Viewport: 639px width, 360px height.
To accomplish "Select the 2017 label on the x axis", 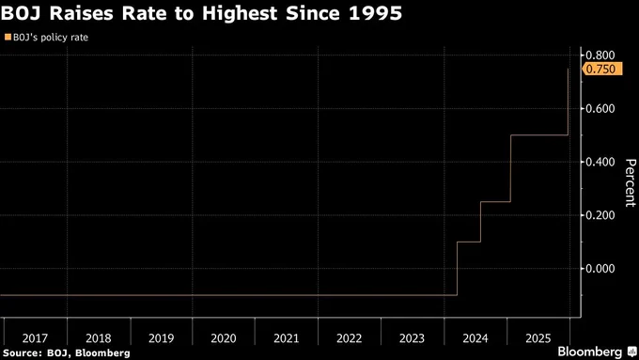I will pyautogui.click(x=34, y=336).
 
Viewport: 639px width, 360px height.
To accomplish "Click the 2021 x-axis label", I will pyautogui.click(x=287, y=336).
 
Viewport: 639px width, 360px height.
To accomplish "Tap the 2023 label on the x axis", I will pyautogui.click(x=413, y=336).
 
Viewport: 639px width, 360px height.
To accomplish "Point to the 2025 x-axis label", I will pyautogui.click(x=538, y=336).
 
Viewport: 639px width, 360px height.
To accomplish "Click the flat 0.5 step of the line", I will pyautogui.click(x=538, y=135).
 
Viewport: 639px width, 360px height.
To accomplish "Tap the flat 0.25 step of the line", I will pyautogui.click(x=495, y=202).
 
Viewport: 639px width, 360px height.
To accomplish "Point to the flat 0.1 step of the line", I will pyautogui.click(x=468, y=243).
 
